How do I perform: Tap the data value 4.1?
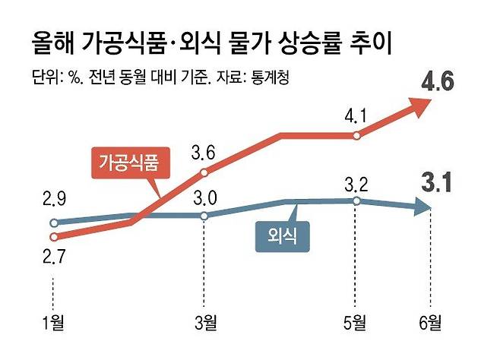[356, 118]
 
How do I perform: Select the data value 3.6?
[204, 154]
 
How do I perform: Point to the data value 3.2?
[356, 184]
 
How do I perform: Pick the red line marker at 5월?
[356, 136]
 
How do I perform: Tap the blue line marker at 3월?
[204, 216]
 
